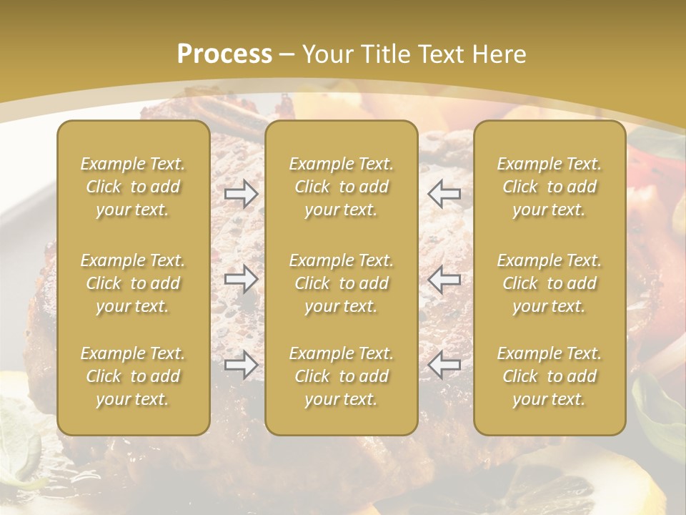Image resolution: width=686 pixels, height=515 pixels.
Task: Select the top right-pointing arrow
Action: tap(241, 194)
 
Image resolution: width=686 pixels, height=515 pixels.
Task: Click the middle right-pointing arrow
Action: tap(241, 280)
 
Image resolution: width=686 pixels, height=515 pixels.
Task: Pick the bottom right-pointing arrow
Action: tap(241, 366)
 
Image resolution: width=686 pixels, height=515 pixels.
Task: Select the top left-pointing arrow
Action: tap(444, 194)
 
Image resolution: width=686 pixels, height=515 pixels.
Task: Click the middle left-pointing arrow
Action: tap(444, 280)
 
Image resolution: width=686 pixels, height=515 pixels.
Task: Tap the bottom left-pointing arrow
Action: tap(444, 366)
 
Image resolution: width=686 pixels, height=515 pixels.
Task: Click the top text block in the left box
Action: tap(133, 187)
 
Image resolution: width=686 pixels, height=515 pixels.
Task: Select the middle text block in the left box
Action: tap(133, 283)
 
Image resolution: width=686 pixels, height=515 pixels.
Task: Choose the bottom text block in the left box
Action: tap(133, 376)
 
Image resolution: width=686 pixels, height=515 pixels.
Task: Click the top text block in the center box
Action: tap(341, 187)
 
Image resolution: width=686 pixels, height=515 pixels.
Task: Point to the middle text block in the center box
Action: tap(341, 283)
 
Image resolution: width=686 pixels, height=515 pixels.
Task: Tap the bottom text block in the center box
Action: tap(341, 376)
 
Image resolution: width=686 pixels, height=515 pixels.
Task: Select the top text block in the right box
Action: tap(549, 187)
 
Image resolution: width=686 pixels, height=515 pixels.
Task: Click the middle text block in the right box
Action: tap(549, 283)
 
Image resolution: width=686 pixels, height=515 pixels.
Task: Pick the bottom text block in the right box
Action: tap(549, 376)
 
